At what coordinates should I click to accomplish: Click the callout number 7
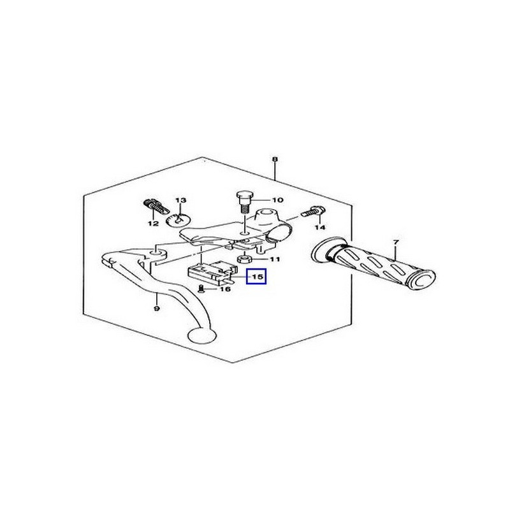pos(396,242)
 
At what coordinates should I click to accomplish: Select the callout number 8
pos(275,159)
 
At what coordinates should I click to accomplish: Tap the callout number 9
pos(156,309)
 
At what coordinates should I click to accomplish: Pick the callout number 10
pos(278,200)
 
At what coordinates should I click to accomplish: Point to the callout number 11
pos(275,259)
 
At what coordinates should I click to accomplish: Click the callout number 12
pos(153,224)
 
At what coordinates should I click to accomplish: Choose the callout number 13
pos(181,200)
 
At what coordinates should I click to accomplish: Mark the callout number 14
pos(320,228)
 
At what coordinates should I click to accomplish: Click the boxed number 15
pos(256,277)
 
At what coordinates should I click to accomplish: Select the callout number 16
pos(225,289)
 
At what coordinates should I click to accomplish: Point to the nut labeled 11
pos(245,259)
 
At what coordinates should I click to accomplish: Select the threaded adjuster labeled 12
pos(156,206)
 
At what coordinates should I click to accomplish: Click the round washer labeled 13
pos(178,220)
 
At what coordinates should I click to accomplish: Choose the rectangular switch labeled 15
pos(212,273)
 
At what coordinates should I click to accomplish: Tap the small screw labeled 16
pos(200,289)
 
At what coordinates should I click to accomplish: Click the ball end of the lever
pos(201,335)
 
